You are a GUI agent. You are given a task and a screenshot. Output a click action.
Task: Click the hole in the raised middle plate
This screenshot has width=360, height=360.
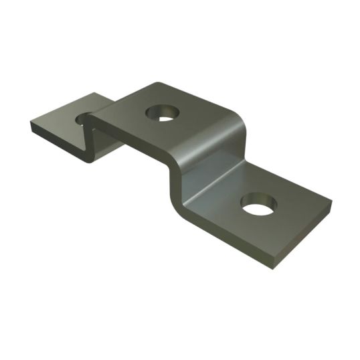(163, 113)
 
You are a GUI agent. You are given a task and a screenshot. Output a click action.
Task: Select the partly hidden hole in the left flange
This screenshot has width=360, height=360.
(83, 119)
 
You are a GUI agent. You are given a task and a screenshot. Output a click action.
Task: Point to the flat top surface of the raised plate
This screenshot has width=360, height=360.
(194, 124)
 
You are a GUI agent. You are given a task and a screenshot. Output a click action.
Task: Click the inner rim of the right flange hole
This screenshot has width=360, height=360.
(258, 199)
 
